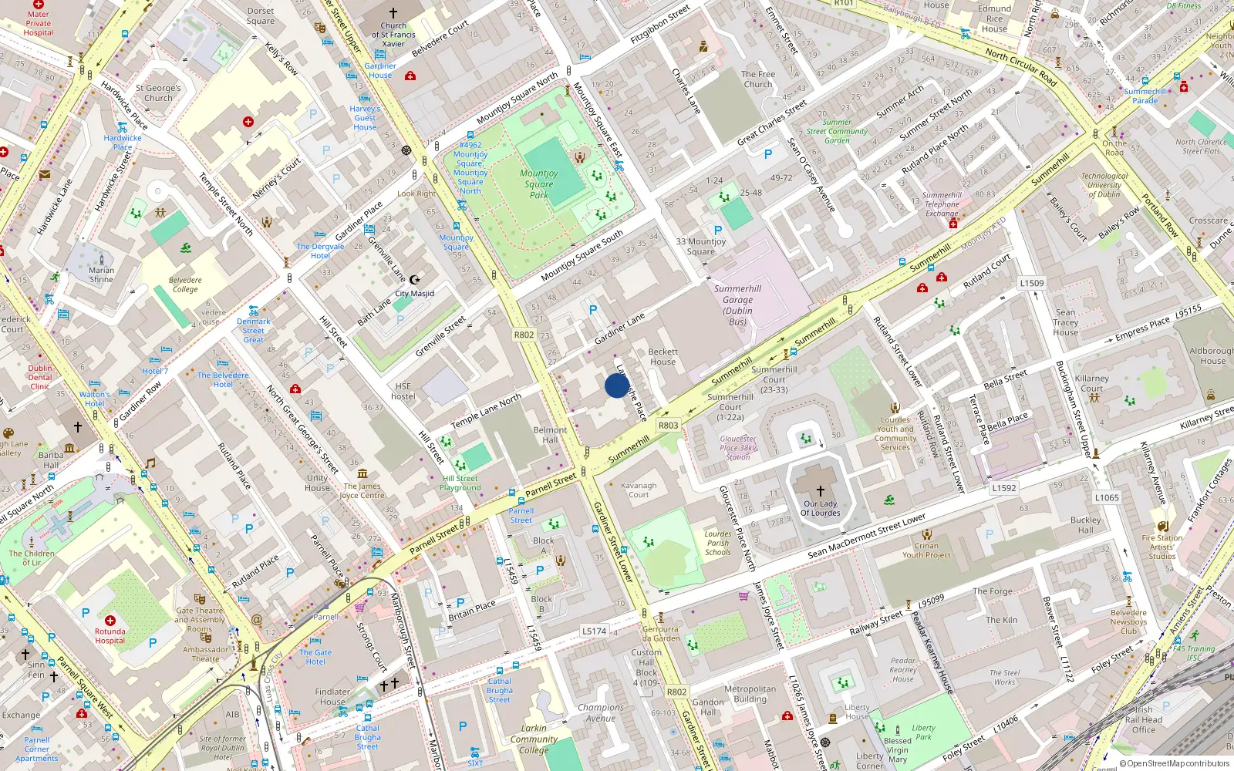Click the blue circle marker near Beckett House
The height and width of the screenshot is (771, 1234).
click(x=617, y=385)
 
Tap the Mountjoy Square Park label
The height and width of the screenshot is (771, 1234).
click(x=538, y=184)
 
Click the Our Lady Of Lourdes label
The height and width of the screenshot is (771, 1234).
click(x=820, y=508)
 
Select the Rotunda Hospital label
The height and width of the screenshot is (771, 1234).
click(x=110, y=636)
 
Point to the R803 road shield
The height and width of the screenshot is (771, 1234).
click(x=668, y=426)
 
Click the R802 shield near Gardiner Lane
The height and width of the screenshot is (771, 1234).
click(x=524, y=335)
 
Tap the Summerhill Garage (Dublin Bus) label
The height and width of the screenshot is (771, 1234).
click(x=737, y=305)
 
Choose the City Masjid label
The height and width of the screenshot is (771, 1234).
click(x=414, y=294)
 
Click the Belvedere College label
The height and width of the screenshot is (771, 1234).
click(x=185, y=285)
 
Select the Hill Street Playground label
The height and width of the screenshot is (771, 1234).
click(x=460, y=483)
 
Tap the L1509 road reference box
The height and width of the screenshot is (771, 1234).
click(x=1032, y=283)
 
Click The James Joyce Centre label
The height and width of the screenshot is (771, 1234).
click(x=362, y=490)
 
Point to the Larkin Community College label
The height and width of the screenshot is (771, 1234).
click(x=533, y=739)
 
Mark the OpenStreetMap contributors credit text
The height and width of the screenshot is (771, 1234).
click(x=1174, y=764)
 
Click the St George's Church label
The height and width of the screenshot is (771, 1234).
click(x=158, y=93)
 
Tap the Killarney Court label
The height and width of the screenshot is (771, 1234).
click(x=1091, y=383)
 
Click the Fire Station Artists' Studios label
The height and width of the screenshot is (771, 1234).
click(x=1162, y=547)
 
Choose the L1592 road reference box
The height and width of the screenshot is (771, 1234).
click(x=1003, y=488)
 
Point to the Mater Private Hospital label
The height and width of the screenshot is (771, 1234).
click(x=38, y=23)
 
